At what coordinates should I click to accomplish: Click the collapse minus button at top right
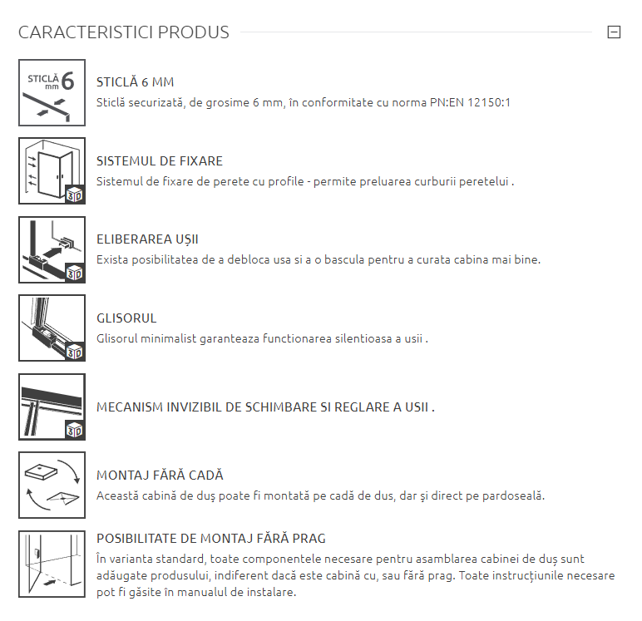click(x=614, y=32)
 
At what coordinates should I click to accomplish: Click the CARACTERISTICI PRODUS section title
click(x=124, y=32)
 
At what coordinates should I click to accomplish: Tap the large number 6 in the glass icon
click(x=67, y=81)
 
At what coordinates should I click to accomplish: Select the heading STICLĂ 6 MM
click(x=135, y=82)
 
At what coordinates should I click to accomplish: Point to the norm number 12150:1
click(x=489, y=102)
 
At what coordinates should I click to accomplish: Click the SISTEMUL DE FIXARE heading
click(x=160, y=161)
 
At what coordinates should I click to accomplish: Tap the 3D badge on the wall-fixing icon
click(x=75, y=195)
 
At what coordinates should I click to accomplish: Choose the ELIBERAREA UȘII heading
click(x=147, y=239)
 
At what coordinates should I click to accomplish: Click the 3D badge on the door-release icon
click(x=75, y=273)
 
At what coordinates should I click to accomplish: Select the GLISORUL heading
click(x=126, y=318)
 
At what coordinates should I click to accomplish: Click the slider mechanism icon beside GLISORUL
click(x=52, y=328)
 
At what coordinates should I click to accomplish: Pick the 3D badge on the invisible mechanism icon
click(x=75, y=431)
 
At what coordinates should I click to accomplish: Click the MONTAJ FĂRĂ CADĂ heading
click(x=160, y=476)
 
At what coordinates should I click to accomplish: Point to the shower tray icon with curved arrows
click(x=52, y=485)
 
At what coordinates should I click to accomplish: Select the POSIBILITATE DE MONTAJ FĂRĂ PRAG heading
click(x=211, y=539)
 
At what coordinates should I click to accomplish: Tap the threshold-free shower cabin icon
click(x=52, y=564)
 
